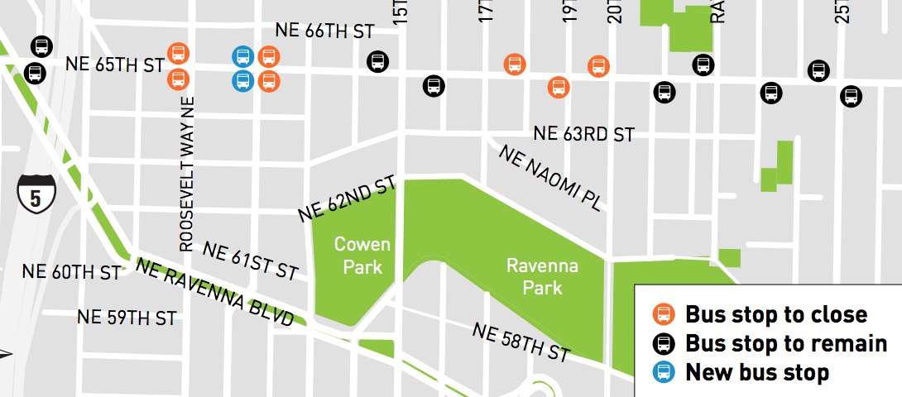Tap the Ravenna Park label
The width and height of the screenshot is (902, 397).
[543, 277]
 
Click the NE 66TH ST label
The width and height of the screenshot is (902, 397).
[325, 31]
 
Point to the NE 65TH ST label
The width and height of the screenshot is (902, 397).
[115, 64]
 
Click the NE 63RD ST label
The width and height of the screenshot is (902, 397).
[583, 134]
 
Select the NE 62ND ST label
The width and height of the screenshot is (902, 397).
[348, 199]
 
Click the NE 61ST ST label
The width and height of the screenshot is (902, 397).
[249, 261]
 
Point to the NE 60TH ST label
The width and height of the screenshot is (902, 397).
[71, 271]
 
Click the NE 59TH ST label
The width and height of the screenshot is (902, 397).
[126, 317]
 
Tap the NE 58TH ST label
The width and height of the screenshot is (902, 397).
[521, 342]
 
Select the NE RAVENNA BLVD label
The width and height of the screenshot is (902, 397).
[215, 292]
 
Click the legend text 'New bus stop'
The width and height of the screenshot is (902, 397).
[756, 372]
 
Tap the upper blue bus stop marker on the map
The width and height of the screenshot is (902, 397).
[242, 56]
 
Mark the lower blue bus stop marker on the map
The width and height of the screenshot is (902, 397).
[242, 81]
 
